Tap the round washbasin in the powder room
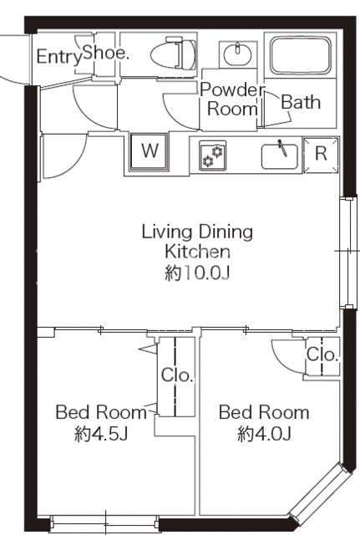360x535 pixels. pos(238,53)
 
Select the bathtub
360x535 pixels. pos(301,56)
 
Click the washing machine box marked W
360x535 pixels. pos(150,152)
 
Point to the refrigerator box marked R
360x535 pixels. pos(321,155)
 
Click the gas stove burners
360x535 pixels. pos(213,155)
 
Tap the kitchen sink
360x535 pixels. pos(280,156)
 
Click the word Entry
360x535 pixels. pos(59,57)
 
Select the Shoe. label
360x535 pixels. pos(106,53)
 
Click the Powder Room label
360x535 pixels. pos(232,99)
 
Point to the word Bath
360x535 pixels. pos(301,102)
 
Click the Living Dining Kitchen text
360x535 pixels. pos(197,242)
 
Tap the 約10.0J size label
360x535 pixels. pos(197,273)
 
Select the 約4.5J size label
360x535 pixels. pos(101,434)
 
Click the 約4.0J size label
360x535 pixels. pos(264,434)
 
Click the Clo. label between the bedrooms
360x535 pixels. pos(177,375)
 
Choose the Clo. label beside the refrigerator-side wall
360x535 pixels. pos(322,354)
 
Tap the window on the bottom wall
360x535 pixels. pos(104,523)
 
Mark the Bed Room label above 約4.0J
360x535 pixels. pos(264,412)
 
